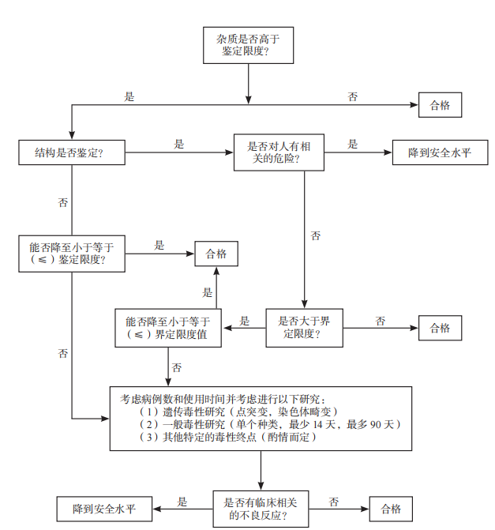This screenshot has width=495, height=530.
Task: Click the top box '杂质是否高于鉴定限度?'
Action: click(249, 44)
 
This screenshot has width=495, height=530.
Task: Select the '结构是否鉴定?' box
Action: click(72, 152)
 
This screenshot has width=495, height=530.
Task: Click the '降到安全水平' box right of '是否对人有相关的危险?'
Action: click(439, 152)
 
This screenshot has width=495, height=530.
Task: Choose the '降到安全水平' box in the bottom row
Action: click(103, 508)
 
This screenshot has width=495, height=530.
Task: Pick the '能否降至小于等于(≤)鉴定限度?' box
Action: click(72, 253)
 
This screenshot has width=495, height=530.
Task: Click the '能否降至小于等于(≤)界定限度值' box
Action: click(167, 328)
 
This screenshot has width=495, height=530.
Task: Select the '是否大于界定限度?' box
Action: click(304, 328)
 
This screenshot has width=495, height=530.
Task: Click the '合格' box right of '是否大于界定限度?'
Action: click(440, 328)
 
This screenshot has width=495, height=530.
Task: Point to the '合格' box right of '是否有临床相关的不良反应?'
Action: click(391, 508)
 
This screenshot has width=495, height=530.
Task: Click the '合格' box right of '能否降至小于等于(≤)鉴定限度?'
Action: click(216, 254)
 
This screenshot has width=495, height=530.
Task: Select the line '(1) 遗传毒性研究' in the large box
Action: click(238, 412)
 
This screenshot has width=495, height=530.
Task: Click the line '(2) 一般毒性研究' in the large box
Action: click(268, 424)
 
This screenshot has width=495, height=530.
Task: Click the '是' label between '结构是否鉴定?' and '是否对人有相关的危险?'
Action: click(179, 145)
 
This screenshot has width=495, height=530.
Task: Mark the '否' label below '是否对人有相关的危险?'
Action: click(316, 235)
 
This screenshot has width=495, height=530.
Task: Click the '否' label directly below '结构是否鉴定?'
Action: click(63, 202)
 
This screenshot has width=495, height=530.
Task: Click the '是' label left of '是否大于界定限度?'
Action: click(245, 321)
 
